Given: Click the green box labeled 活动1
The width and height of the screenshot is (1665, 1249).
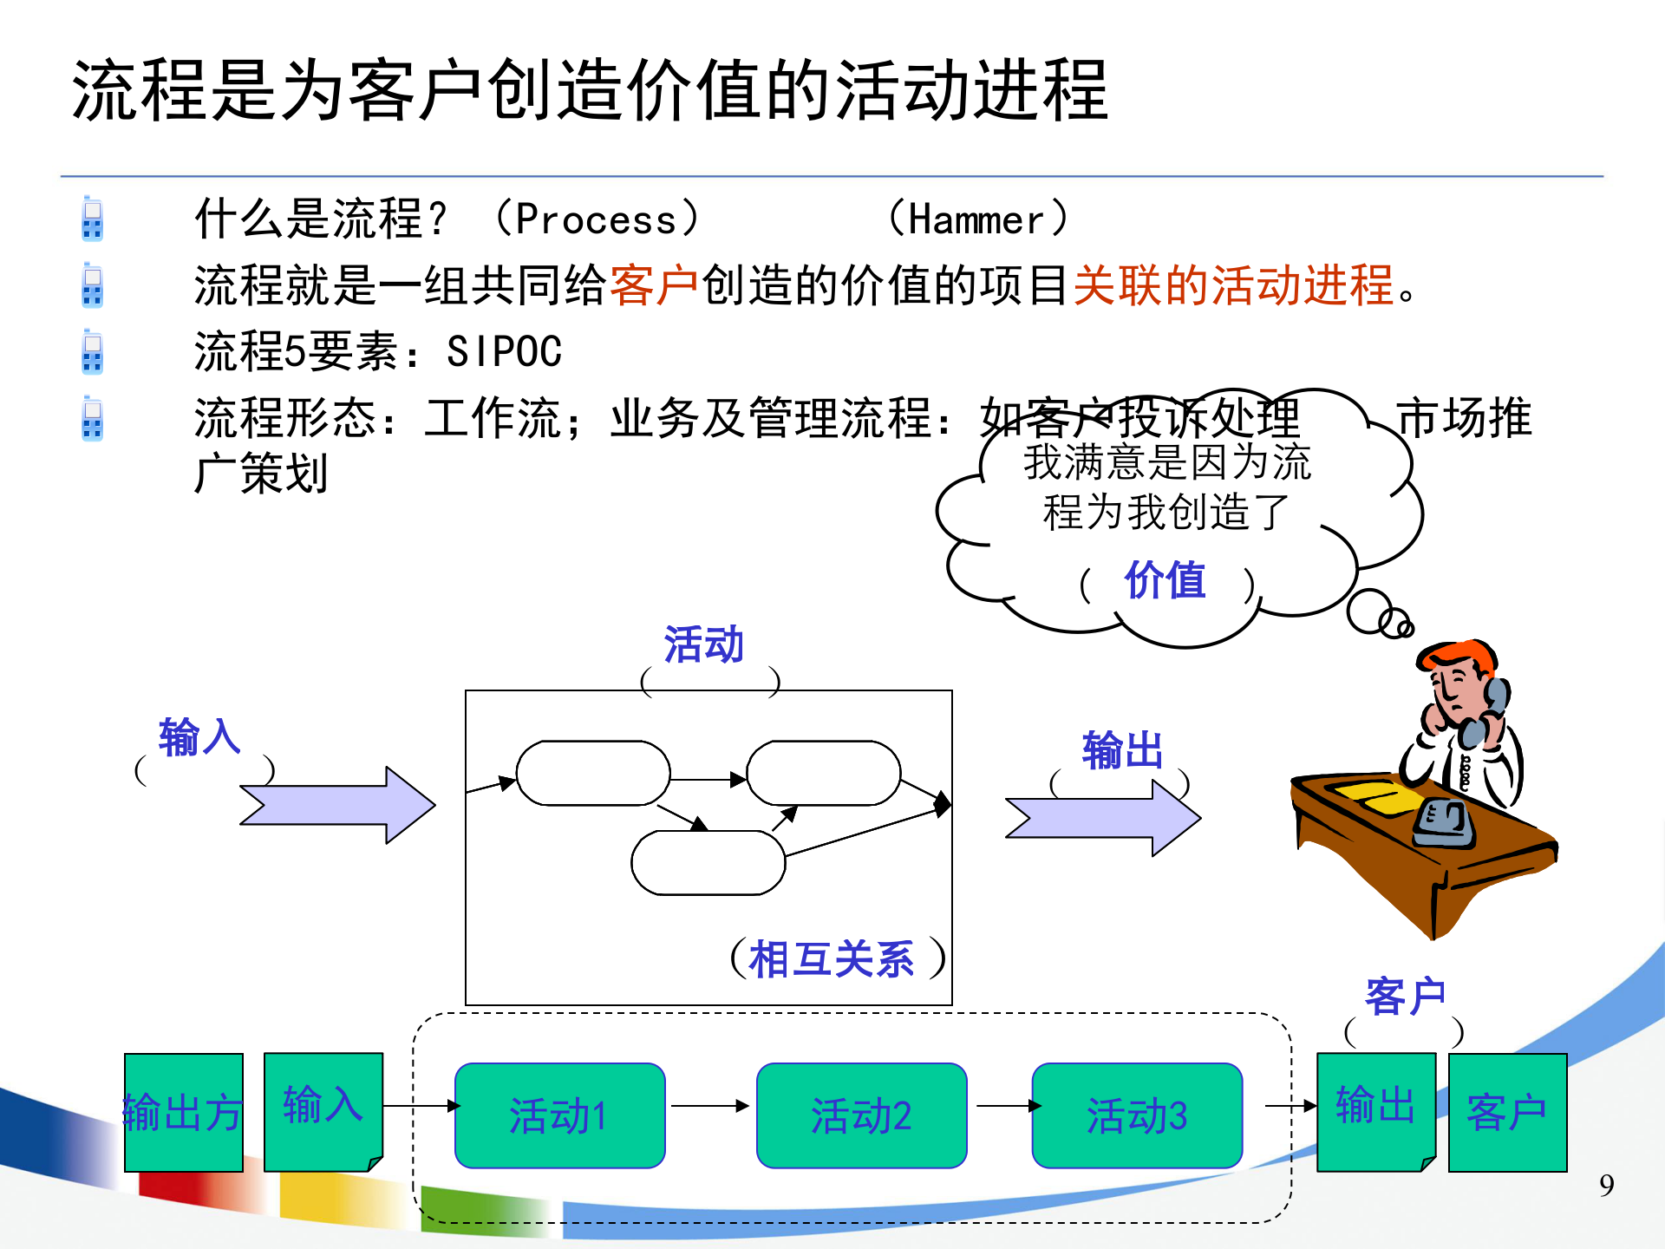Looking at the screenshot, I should pos(559,1115).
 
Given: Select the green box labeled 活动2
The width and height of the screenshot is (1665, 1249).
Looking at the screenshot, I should pos(861,1115).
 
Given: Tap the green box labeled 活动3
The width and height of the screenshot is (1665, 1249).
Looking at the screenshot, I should pos(1137,1115).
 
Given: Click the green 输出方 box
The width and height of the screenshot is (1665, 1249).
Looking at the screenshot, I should pos(183,1112).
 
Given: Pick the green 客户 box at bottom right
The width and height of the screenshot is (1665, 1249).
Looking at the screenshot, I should pos(1507,1112).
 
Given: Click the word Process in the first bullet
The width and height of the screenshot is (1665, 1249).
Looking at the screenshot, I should pos(596,219).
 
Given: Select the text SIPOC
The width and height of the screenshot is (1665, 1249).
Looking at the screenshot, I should pos(504,352).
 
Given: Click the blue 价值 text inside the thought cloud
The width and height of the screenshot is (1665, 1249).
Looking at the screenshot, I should pos(1165,580).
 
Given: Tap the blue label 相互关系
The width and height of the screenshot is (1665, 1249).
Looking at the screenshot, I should pos(831,959).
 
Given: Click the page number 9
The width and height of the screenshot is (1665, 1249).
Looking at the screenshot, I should pos(1606,1186).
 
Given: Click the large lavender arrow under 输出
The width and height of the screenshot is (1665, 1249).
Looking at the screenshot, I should pos(1102,818).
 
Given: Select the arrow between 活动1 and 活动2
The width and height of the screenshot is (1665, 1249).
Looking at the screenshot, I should pos(709,1106).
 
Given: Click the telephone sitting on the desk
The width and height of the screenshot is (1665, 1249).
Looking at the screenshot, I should pos(1444,822).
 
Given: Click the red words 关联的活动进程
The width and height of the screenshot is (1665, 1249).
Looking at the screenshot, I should pos(1232,285).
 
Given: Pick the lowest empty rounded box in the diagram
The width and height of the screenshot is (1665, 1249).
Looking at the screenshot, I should pos(708,862).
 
